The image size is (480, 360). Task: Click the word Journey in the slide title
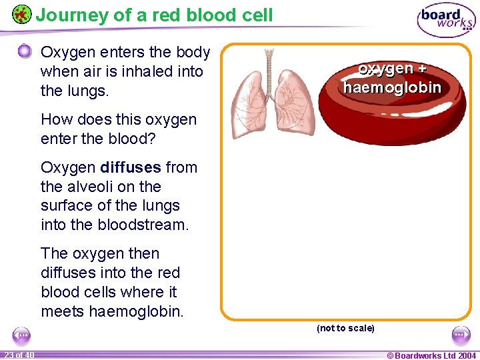point(71,15)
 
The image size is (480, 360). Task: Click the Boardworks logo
point(446,20)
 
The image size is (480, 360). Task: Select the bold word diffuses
point(131,167)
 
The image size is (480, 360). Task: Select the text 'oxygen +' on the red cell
point(392,69)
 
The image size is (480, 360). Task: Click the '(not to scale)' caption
point(345,328)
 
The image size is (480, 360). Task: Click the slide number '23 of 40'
point(19,355)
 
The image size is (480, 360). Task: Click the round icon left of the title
point(21,14)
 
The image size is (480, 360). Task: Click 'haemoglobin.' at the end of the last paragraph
point(135,311)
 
